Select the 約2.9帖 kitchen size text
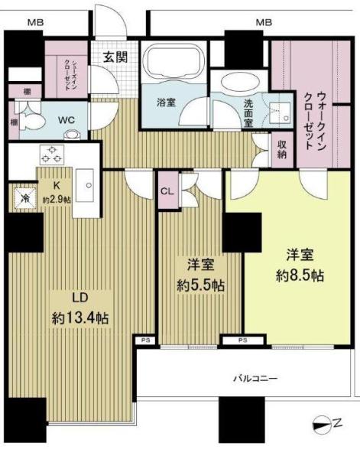(56, 200)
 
